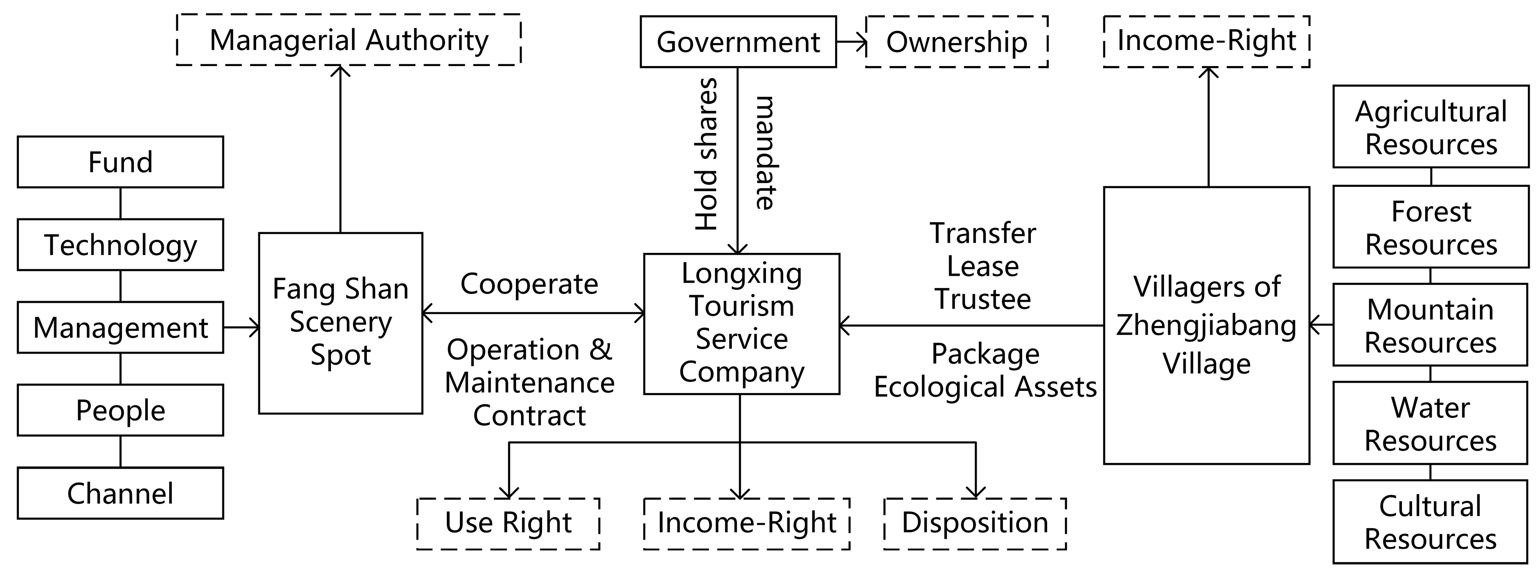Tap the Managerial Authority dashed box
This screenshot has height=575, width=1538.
point(349,40)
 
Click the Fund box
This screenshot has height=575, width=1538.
point(121,162)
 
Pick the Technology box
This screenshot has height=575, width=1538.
point(121,245)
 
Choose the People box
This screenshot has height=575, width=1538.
point(121,410)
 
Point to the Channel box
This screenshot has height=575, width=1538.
point(121,493)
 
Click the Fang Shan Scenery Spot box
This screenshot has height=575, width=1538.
point(340,323)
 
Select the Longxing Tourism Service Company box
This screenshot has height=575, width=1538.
point(741,323)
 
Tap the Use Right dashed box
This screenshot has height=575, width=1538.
point(508,523)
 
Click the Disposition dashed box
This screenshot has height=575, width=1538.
point(975,523)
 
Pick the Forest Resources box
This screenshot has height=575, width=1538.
point(1430,227)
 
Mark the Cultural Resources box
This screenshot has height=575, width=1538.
point(1430,521)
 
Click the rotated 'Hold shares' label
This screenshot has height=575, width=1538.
point(706,154)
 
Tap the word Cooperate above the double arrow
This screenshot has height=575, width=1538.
point(529,284)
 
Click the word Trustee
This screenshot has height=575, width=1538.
point(983,299)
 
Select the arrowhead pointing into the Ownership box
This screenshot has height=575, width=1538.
point(861,42)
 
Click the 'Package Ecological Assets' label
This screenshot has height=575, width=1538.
point(985,371)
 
